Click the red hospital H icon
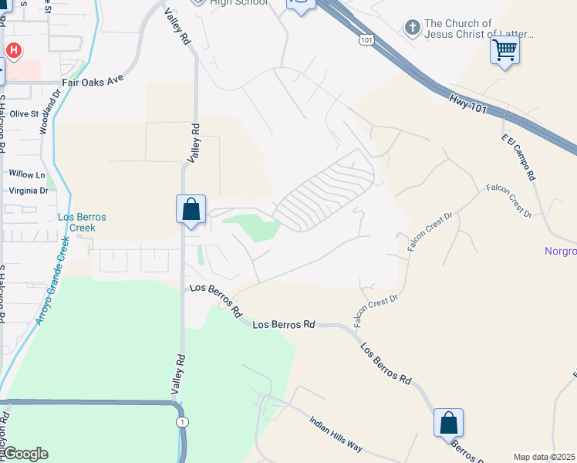pos(13,50)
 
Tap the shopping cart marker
pos(504,51)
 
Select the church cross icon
pos(413,29)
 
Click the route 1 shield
pos(181,421)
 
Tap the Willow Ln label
pos(27,174)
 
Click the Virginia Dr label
pos(29,189)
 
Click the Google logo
pos(26,454)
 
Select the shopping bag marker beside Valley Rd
pos(191,210)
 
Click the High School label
pos(238,3)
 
